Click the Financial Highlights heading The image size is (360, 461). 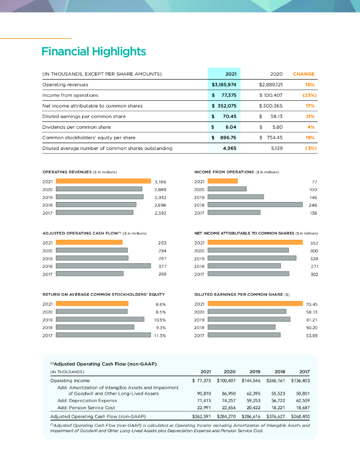click(x=94, y=51)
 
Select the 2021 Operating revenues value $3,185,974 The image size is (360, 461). click(x=224, y=84)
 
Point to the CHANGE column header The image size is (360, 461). click(x=304, y=74)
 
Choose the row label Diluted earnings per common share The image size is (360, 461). click(x=84, y=116)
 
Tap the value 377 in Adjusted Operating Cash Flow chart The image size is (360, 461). click(x=157, y=266)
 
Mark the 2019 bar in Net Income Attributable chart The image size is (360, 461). click(x=252, y=258)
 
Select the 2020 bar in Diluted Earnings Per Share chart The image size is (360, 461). click(x=247, y=311)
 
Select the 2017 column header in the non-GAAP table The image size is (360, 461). click(x=305, y=371)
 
